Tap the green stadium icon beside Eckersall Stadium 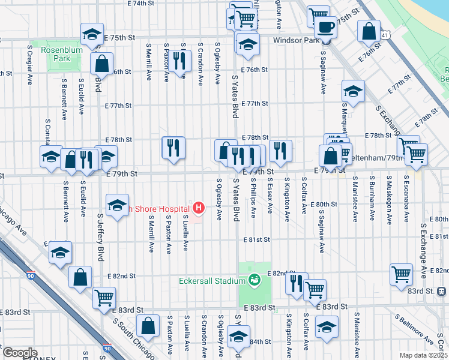tap(255, 280)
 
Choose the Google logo tap(20, 353)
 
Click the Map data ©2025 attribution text tap(423, 355)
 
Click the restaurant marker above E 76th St tap(179, 60)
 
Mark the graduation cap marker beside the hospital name tap(118, 205)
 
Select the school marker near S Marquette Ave tap(353, 91)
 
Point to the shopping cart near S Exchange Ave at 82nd tap(401, 274)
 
